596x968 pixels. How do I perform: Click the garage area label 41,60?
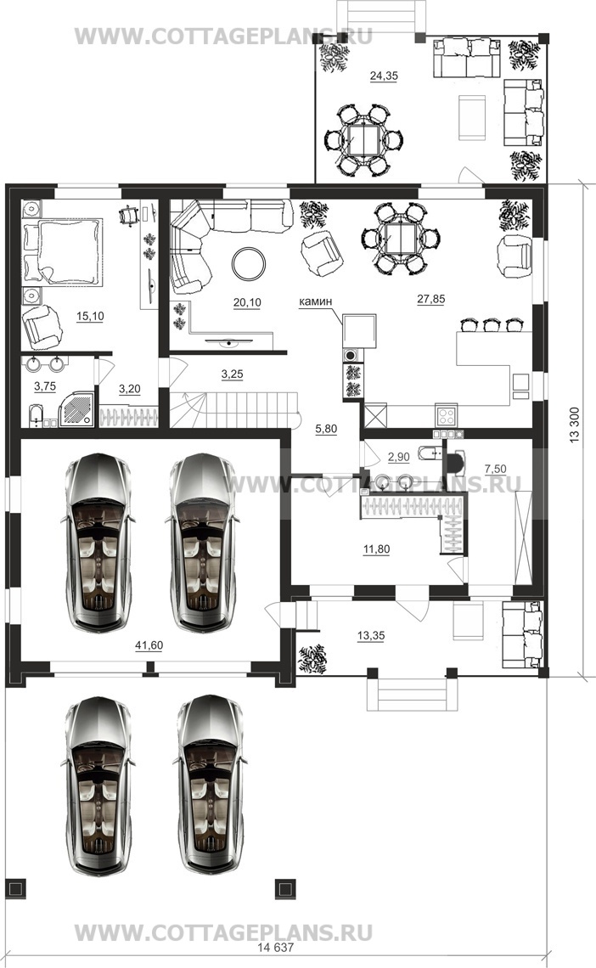tap(149, 645)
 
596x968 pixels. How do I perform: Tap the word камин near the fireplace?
tap(315, 301)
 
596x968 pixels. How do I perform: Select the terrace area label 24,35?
tap(384, 76)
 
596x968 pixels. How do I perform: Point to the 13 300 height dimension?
tap(575, 425)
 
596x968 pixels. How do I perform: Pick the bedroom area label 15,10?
tap(90, 316)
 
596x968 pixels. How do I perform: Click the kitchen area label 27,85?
tap(430, 299)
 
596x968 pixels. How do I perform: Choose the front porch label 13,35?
tap(371, 635)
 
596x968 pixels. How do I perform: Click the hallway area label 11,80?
tap(376, 549)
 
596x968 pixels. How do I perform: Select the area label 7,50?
tap(496, 470)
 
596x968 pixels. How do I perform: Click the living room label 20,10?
tap(247, 302)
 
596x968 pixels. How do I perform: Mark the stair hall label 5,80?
tap(326, 430)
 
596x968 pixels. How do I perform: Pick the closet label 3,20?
tap(130, 389)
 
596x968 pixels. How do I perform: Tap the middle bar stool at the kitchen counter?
tap(492, 324)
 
